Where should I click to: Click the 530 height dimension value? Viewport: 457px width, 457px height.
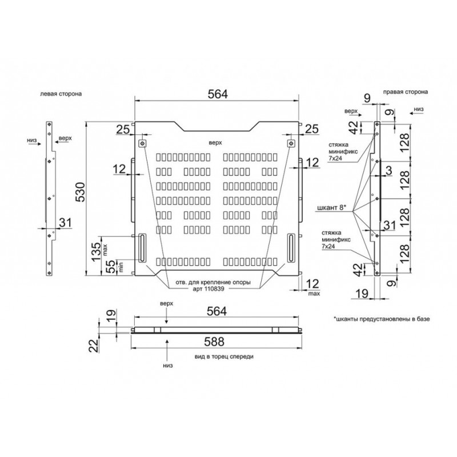click(x=80, y=192)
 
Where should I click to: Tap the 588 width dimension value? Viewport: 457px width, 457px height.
click(x=214, y=342)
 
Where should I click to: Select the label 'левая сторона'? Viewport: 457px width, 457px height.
click(x=61, y=94)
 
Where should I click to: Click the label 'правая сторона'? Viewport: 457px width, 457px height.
click(x=406, y=92)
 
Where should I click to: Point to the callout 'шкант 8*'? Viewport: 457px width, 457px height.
click(x=331, y=208)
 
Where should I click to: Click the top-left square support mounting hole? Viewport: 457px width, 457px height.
click(x=142, y=143)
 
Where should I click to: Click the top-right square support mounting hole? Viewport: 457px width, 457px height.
click(x=291, y=143)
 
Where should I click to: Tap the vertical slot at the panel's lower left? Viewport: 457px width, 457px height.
click(x=142, y=248)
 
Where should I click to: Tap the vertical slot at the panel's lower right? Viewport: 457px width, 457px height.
click(x=291, y=248)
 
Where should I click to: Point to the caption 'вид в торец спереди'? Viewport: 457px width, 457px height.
click(x=224, y=356)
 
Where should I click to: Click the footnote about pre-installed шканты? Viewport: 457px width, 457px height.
click(x=382, y=319)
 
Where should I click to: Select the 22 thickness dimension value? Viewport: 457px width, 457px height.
click(x=94, y=346)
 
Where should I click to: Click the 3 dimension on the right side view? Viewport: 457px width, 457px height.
click(x=388, y=171)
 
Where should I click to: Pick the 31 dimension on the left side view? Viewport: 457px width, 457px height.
click(x=65, y=223)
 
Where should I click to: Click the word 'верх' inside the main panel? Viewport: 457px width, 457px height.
click(x=215, y=143)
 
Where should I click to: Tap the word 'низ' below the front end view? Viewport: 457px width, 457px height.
click(x=168, y=366)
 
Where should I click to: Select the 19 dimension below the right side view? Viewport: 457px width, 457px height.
click(x=362, y=294)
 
